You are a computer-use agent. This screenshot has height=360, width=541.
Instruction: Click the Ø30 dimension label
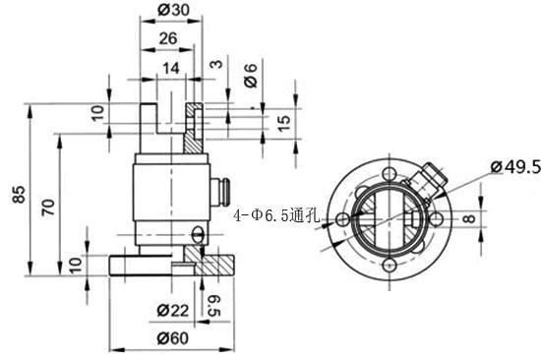coord(173,10)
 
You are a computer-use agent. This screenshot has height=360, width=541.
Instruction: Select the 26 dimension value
coord(168,38)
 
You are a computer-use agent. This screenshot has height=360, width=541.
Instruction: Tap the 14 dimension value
coord(171,68)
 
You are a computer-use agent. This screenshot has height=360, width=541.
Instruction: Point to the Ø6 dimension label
coord(251,75)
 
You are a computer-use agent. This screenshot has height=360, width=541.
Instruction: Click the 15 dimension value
coord(283,123)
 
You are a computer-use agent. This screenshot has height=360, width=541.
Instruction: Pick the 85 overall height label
coord(19,194)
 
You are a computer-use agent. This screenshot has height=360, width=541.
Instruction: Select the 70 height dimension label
coord(48,208)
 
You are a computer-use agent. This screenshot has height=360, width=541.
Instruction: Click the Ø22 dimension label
coord(173,310)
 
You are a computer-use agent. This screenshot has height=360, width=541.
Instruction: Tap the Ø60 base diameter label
coord(173,338)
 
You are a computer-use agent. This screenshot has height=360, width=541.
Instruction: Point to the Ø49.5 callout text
coord(515,167)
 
